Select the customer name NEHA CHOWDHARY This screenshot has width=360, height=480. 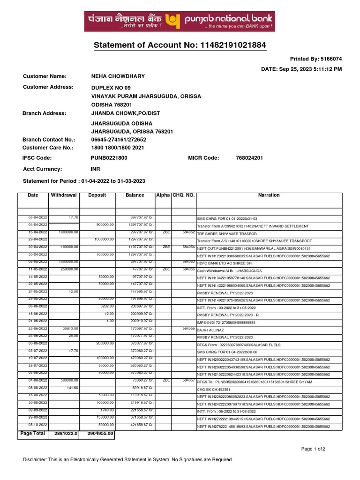tap(118, 76)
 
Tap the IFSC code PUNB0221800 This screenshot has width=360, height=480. tap(109, 158)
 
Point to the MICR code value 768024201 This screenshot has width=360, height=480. tap(249, 158)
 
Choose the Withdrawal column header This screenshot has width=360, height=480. tap(64, 195)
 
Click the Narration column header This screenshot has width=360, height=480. tap(269, 195)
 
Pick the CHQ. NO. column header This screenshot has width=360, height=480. tap(183, 195)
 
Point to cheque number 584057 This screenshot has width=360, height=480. tap(188, 380)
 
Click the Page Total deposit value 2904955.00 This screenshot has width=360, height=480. tap(100, 434)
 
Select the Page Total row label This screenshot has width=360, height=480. tap(33, 434)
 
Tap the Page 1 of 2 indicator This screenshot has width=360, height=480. tap(313, 449)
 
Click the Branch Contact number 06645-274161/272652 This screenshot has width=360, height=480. tap(119, 140)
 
